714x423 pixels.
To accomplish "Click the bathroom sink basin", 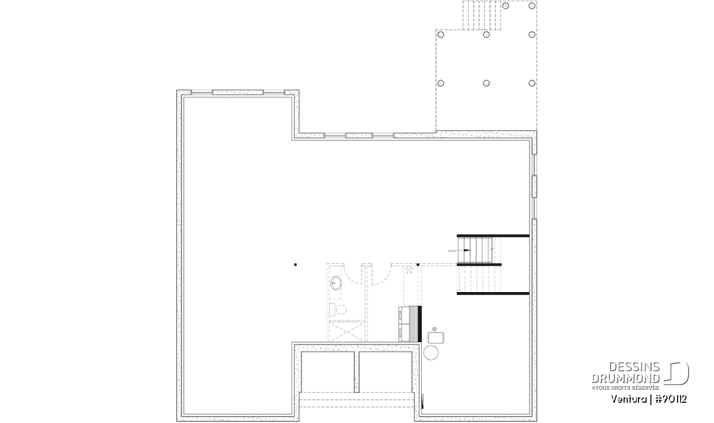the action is click(x=336, y=283).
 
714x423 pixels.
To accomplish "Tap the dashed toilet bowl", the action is click(x=342, y=309).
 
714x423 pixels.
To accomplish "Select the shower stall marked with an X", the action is click(x=346, y=331).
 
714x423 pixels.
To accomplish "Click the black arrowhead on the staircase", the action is click(x=466, y=250).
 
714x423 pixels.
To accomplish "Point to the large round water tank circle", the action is click(x=431, y=353).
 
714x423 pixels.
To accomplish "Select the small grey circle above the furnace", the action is click(x=434, y=329).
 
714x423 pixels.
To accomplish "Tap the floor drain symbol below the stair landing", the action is click(x=409, y=271).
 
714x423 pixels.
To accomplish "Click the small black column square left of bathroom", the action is click(x=296, y=265).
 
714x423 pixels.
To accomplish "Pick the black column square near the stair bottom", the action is click(x=418, y=265).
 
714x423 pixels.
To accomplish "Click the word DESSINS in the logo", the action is click(x=634, y=367).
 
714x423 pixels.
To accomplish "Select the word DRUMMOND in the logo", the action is click(x=626, y=378).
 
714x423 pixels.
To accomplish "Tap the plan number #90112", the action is click(x=671, y=399).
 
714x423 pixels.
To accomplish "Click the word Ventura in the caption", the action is click(x=629, y=399).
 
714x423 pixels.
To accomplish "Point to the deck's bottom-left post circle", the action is click(x=440, y=83).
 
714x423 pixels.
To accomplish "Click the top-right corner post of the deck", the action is click(x=532, y=6).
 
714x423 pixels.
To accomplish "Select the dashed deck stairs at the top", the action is click(x=481, y=15).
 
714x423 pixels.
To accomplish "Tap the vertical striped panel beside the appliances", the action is click(x=414, y=324).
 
